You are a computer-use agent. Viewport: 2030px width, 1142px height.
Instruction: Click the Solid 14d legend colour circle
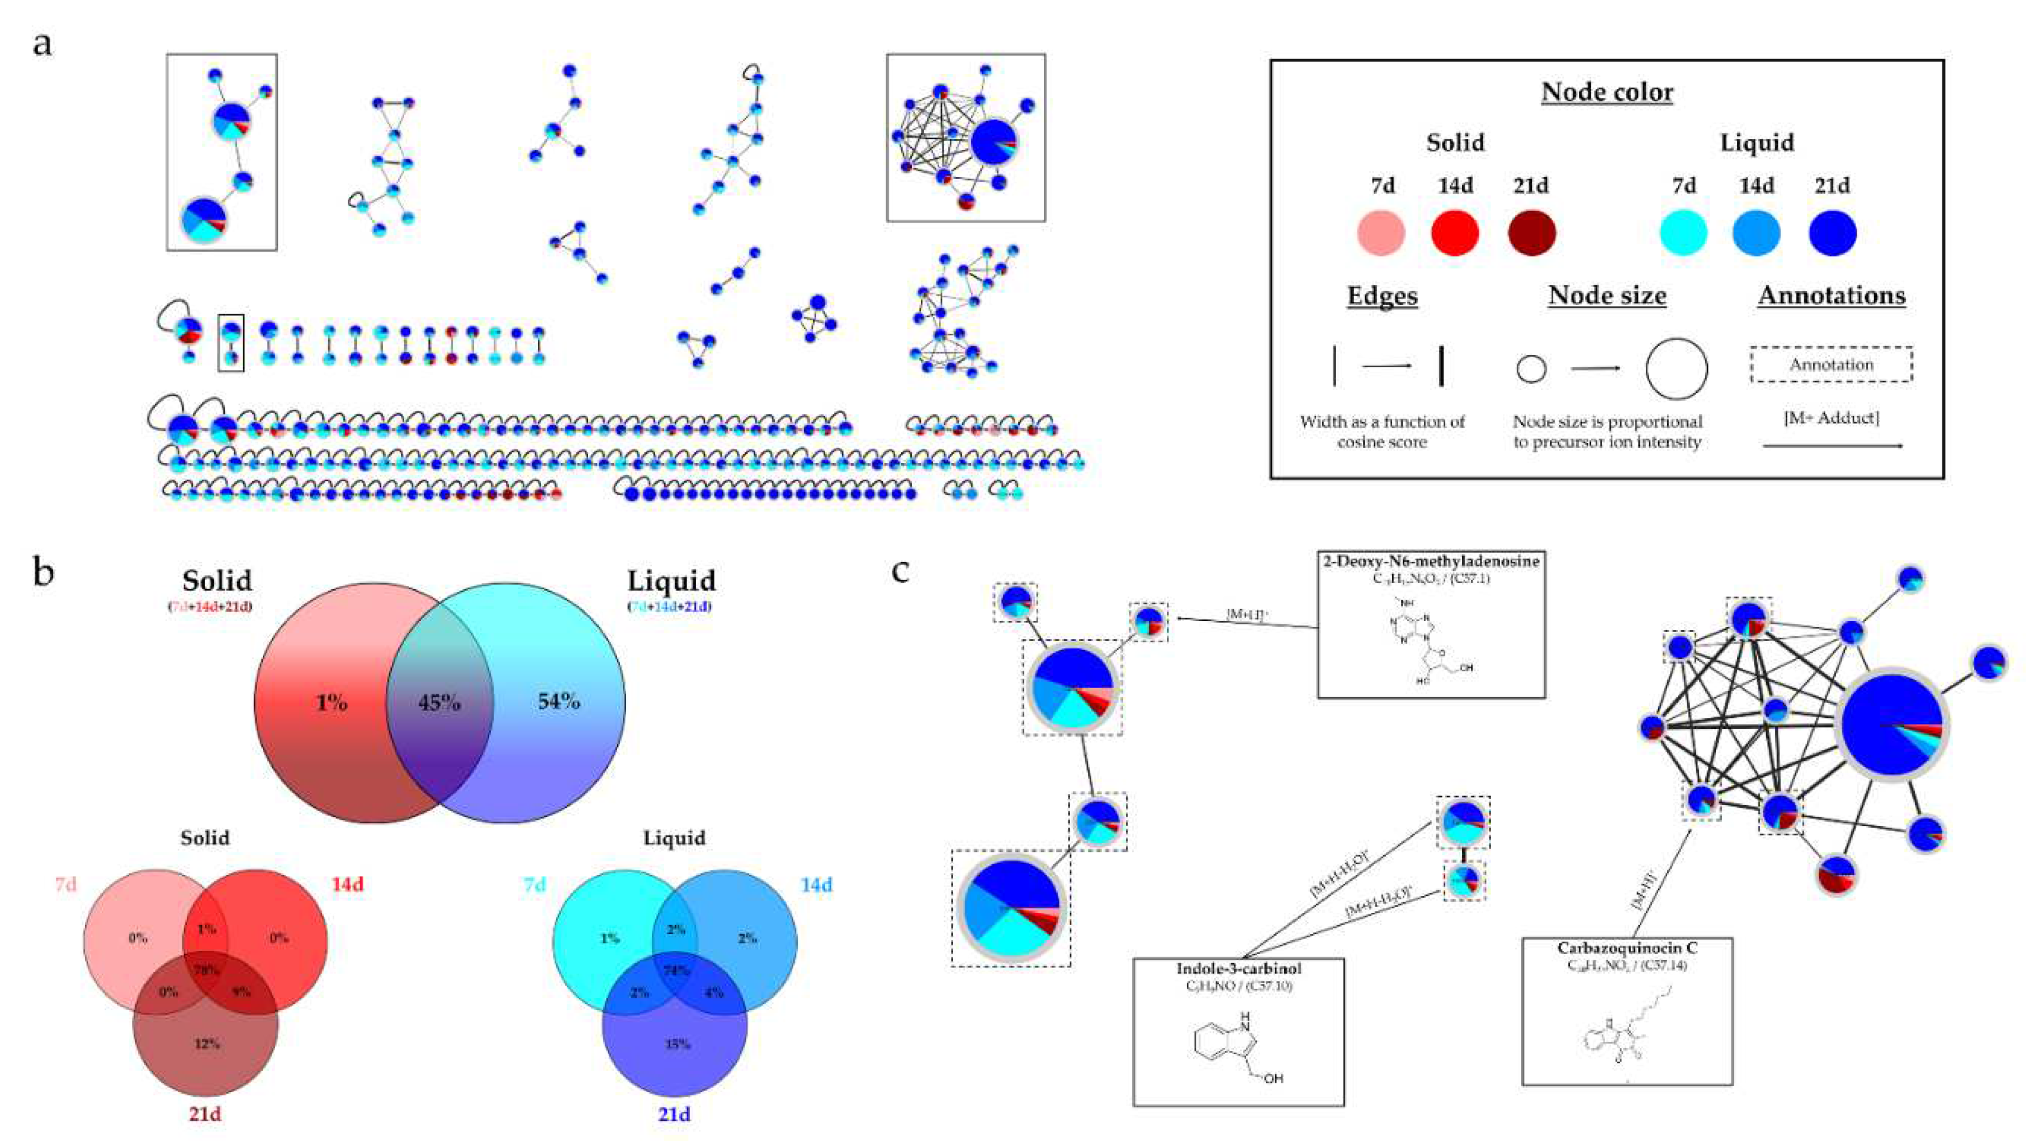coord(1454,233)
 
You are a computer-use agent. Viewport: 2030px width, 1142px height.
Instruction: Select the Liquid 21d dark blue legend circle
coord(1832,233)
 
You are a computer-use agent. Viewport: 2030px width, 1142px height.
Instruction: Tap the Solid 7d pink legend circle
coord(1381,233)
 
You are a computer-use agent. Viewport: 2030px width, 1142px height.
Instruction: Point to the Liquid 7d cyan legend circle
coord(1683,233)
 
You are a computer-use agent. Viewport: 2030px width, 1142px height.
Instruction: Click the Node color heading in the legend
coord(1607,92)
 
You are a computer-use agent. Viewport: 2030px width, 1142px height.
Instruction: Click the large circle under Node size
coord(1676,369)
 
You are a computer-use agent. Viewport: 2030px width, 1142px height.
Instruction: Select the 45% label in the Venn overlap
coord(439,702)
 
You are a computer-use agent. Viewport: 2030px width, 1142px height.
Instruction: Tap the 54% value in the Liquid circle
coord(559,700)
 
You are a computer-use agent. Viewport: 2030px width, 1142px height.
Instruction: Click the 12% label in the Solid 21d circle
coord(206,1044)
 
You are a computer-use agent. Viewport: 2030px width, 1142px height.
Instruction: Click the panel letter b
coord(44,573)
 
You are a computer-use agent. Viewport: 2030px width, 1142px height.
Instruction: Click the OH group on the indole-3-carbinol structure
coord(1272,1078)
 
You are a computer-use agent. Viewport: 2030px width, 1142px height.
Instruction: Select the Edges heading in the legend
coord(1382,296)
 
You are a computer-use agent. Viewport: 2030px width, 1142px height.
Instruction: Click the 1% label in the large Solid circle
coord(332,702)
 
